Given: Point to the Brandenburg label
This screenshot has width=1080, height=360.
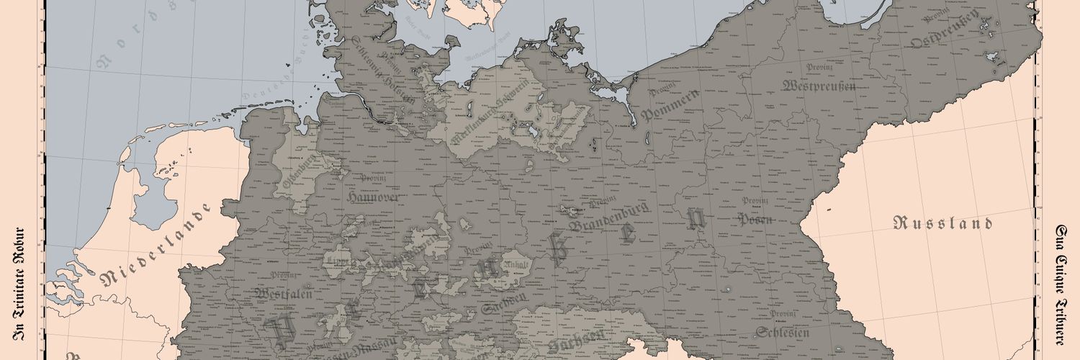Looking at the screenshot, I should tap(609, 217).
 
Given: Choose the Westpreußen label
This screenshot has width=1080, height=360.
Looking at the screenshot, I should tap(818, 86).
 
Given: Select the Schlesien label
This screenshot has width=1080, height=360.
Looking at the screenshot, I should tap(783, 332).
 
